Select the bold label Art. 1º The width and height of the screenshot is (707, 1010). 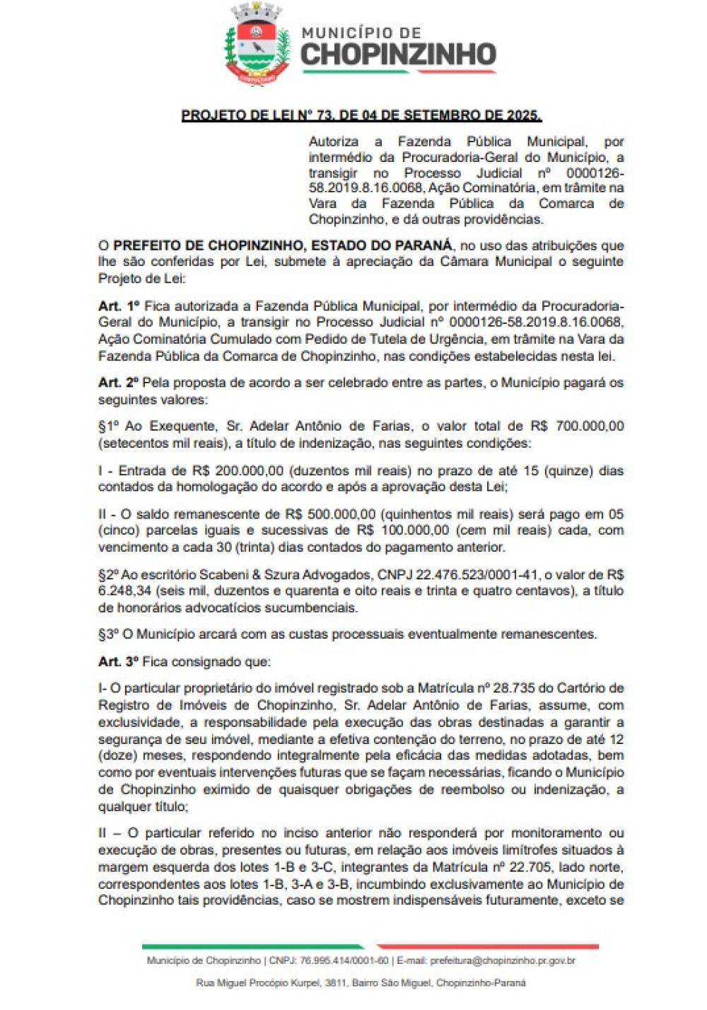pos(119,306)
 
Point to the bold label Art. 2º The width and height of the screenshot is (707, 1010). pos(119,383)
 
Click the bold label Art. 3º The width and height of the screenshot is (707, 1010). pos(119,662)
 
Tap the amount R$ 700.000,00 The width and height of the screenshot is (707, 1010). pos(577,426)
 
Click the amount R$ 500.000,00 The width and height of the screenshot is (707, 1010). pos(330,514)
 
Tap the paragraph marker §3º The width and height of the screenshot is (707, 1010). pos(108,634)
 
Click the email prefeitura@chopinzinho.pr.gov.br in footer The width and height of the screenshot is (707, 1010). pos(502,960)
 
